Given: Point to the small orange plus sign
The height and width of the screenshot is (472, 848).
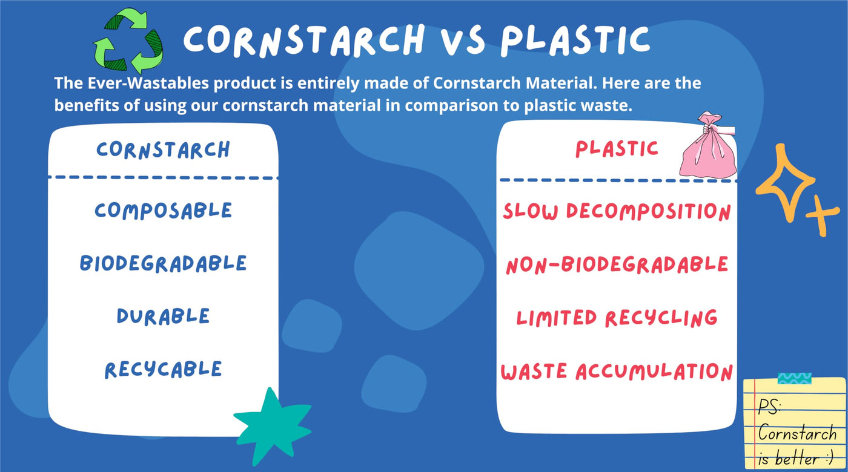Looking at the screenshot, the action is [822, 215].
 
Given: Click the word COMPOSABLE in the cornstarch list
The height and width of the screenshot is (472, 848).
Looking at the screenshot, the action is [163, 211].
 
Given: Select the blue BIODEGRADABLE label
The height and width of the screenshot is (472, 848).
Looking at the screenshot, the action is [163, 264].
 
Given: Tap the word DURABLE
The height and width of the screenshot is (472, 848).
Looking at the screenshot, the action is [163, 316].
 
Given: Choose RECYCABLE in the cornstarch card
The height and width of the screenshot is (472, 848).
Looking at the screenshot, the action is [163, 370].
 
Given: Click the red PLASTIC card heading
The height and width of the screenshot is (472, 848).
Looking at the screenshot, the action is [617, 149].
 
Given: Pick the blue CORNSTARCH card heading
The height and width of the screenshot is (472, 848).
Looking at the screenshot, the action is [163, 149].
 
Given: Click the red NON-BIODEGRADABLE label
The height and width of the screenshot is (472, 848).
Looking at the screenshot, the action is [617, 265].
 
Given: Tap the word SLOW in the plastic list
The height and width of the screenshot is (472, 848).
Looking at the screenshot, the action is [531, 211].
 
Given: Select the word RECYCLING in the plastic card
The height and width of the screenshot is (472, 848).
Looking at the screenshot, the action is [661, 318].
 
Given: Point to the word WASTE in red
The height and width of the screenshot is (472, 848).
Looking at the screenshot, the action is [534, 372].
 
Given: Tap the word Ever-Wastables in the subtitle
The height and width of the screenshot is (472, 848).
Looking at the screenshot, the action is [148, 83].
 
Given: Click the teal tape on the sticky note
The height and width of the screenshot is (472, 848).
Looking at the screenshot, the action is [795, 378].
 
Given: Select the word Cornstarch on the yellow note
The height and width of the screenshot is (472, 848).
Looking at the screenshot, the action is [797, 433].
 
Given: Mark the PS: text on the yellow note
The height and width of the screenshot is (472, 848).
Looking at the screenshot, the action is [770, 407].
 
